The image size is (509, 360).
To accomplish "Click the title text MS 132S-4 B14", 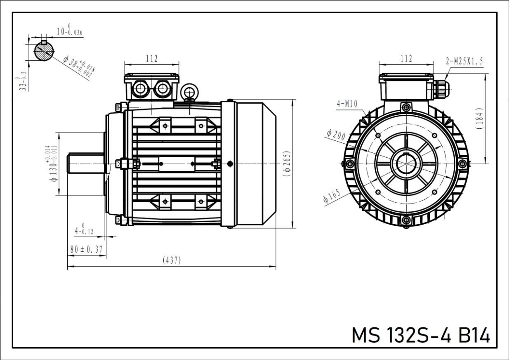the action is click(420, 335).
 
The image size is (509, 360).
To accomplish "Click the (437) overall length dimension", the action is click(172, 260).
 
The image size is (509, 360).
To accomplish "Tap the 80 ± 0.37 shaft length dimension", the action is click(86, 249).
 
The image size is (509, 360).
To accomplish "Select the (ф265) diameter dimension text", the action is click(287, 164).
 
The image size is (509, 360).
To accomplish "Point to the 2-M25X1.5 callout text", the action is click(464, 62).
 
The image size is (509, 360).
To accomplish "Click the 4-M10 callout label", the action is click(347, 104).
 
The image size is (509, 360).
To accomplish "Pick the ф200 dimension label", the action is click(336, 135).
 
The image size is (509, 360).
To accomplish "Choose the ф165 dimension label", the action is click(332, 196).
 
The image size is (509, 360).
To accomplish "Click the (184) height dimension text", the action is click(479, 118).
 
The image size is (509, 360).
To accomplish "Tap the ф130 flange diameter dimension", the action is click(52, 164).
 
